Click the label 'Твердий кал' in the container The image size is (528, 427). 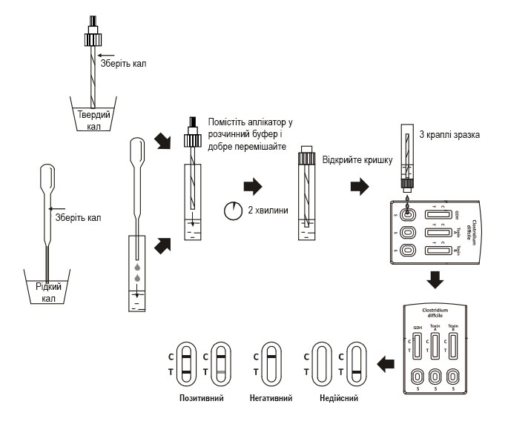tap(94, 119)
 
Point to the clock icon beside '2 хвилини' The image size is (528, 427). tap(232, 211)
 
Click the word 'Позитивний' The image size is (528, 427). tap(201, 398)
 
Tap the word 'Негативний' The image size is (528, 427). tap(271, 398)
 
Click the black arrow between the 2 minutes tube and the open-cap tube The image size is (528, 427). tap(254, 185)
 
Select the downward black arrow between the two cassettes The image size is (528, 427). tap(436, 281)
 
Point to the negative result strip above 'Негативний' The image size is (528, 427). tap(271, 363)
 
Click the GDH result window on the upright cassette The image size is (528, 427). tap(417, 345)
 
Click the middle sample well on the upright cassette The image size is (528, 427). tap(435, 375)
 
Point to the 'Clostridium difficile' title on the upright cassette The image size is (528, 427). tap(436, 313)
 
